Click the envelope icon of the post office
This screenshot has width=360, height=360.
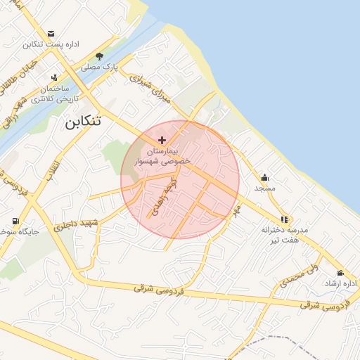[x=51, y=33]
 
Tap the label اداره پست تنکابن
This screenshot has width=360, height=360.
[x=51, y=44]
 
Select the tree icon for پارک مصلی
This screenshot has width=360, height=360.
[x=100, y=56]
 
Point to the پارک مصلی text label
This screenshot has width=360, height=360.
[x=98, y=68]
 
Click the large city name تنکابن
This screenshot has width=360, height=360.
[x=83, y=121]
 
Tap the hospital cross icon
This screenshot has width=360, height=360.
[x=162, y=141]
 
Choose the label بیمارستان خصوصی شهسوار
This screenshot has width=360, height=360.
[x=165, y=156]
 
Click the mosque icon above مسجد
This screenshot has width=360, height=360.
[x=264, y=177]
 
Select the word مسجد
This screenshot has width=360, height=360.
[x=265, y=188]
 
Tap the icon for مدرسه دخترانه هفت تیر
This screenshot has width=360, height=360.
[x=284, y=219]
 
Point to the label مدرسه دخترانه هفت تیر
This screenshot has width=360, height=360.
[x=281, y=235]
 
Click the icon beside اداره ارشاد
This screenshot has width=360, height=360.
[x=341, y=273]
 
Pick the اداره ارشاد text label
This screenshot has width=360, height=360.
[x=340, y=283]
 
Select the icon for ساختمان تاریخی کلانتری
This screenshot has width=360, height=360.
[x=54, y=77]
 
